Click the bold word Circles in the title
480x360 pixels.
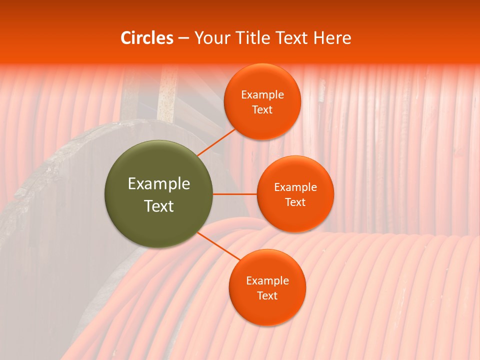click(x=147, y=38)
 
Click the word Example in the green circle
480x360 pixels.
click(x=159, y=184)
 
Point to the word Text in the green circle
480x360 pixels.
click(x=159, y=206)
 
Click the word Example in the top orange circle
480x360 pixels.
click(x=262, y=94)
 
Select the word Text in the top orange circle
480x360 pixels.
click(x=262, y=109)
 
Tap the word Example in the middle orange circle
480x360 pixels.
click(x=295, y=187)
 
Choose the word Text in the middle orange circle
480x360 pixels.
click(x=295, y=202)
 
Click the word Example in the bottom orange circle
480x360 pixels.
click(x=267, y=280)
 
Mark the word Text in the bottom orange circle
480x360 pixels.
click(x=267, y=295)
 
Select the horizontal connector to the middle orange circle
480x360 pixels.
click(x=235, y=194)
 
